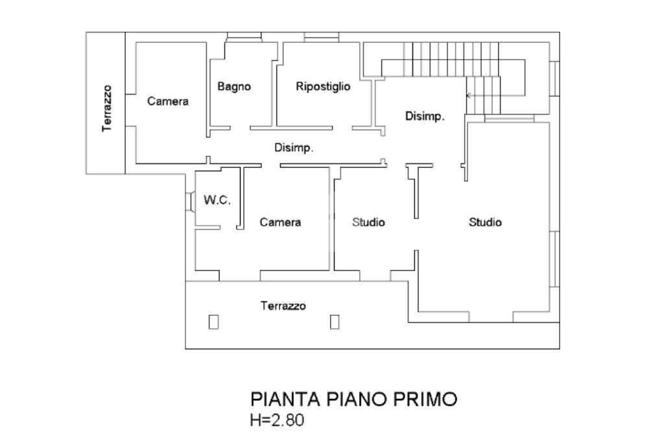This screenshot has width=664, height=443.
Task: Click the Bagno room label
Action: click(x=234, y=87)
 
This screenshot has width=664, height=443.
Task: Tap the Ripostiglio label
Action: click(x=323, y=87)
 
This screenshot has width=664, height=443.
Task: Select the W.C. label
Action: click(x=217, y=200)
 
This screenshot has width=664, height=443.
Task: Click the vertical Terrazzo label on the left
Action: click(x=107, y=108)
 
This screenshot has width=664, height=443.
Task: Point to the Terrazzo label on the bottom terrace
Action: click(x=283, y=305)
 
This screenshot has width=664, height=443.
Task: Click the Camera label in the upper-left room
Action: click(x=168, y=101)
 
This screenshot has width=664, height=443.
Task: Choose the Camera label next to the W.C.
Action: click(x=280, y=222)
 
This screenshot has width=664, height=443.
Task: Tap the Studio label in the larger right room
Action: click(x=485, y=222)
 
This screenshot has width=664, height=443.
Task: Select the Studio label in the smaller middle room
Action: click(x=368, y=222)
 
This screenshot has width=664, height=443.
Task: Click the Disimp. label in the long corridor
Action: click(x=294, y=149)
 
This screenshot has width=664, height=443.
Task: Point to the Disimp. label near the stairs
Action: click(x=425, y=117)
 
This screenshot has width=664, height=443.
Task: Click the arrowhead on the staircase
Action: click(x=469, y=96)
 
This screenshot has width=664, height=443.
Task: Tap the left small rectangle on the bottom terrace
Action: click(x=213, y=322)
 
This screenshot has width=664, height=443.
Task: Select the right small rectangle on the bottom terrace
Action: click(x=335, y=322)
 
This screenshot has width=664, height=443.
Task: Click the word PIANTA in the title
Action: click(x=285, y=399)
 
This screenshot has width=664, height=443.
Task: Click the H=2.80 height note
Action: click(x=277, y=420)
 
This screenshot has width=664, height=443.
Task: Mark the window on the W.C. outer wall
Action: click(x=189, y=200)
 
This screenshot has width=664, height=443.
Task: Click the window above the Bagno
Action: click(x=244, y=37)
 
